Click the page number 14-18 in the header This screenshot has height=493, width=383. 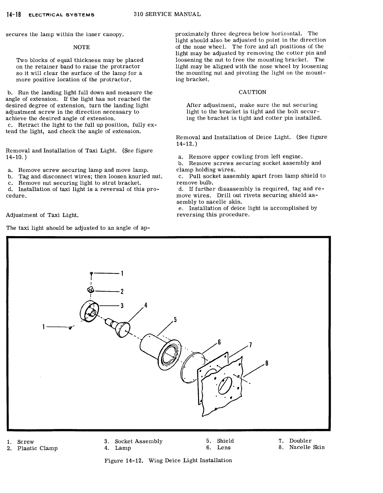click(x=13, y=15)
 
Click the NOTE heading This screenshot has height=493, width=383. click(x=82, y=47)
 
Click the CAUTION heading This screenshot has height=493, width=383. click(x=252, y=92)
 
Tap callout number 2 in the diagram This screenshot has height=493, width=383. click(x=122, y=292)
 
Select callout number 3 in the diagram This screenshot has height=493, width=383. click(x=122, y=306)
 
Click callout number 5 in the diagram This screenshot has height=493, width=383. click(x=175, y=320)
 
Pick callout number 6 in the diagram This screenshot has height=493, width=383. click(x=219, y=342)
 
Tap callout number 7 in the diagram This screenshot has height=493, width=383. click(x=251, y=345)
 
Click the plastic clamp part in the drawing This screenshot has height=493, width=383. click(x=90, y=290)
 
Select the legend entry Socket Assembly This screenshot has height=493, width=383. click(x=138, y=441)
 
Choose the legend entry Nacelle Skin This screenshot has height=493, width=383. click(x=307, y=447)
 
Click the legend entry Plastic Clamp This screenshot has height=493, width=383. click(x=37, y=448)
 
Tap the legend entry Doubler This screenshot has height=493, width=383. click(x=300, y=441)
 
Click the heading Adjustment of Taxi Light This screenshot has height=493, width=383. click(x=42, y=215)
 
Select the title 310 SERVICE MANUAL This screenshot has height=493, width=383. click(x=167, y=14)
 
